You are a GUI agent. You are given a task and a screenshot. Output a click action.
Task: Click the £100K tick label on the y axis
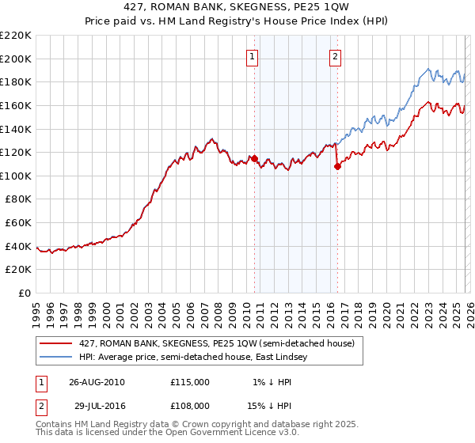[16, 176]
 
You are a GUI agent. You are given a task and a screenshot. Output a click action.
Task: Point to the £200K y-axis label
[16, 59]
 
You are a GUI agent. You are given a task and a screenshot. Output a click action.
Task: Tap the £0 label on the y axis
[25, 293]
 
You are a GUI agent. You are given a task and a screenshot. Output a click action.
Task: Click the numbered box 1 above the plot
[252, 56]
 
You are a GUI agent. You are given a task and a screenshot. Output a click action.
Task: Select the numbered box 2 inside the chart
[336, 56]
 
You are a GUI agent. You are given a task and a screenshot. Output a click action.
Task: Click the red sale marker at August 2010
[255, 158]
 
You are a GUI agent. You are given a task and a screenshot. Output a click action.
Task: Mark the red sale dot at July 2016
[338, 166]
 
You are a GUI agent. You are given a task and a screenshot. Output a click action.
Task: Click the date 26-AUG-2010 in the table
[97, 382]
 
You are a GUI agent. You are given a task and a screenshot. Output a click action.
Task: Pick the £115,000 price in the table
[190, 382]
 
